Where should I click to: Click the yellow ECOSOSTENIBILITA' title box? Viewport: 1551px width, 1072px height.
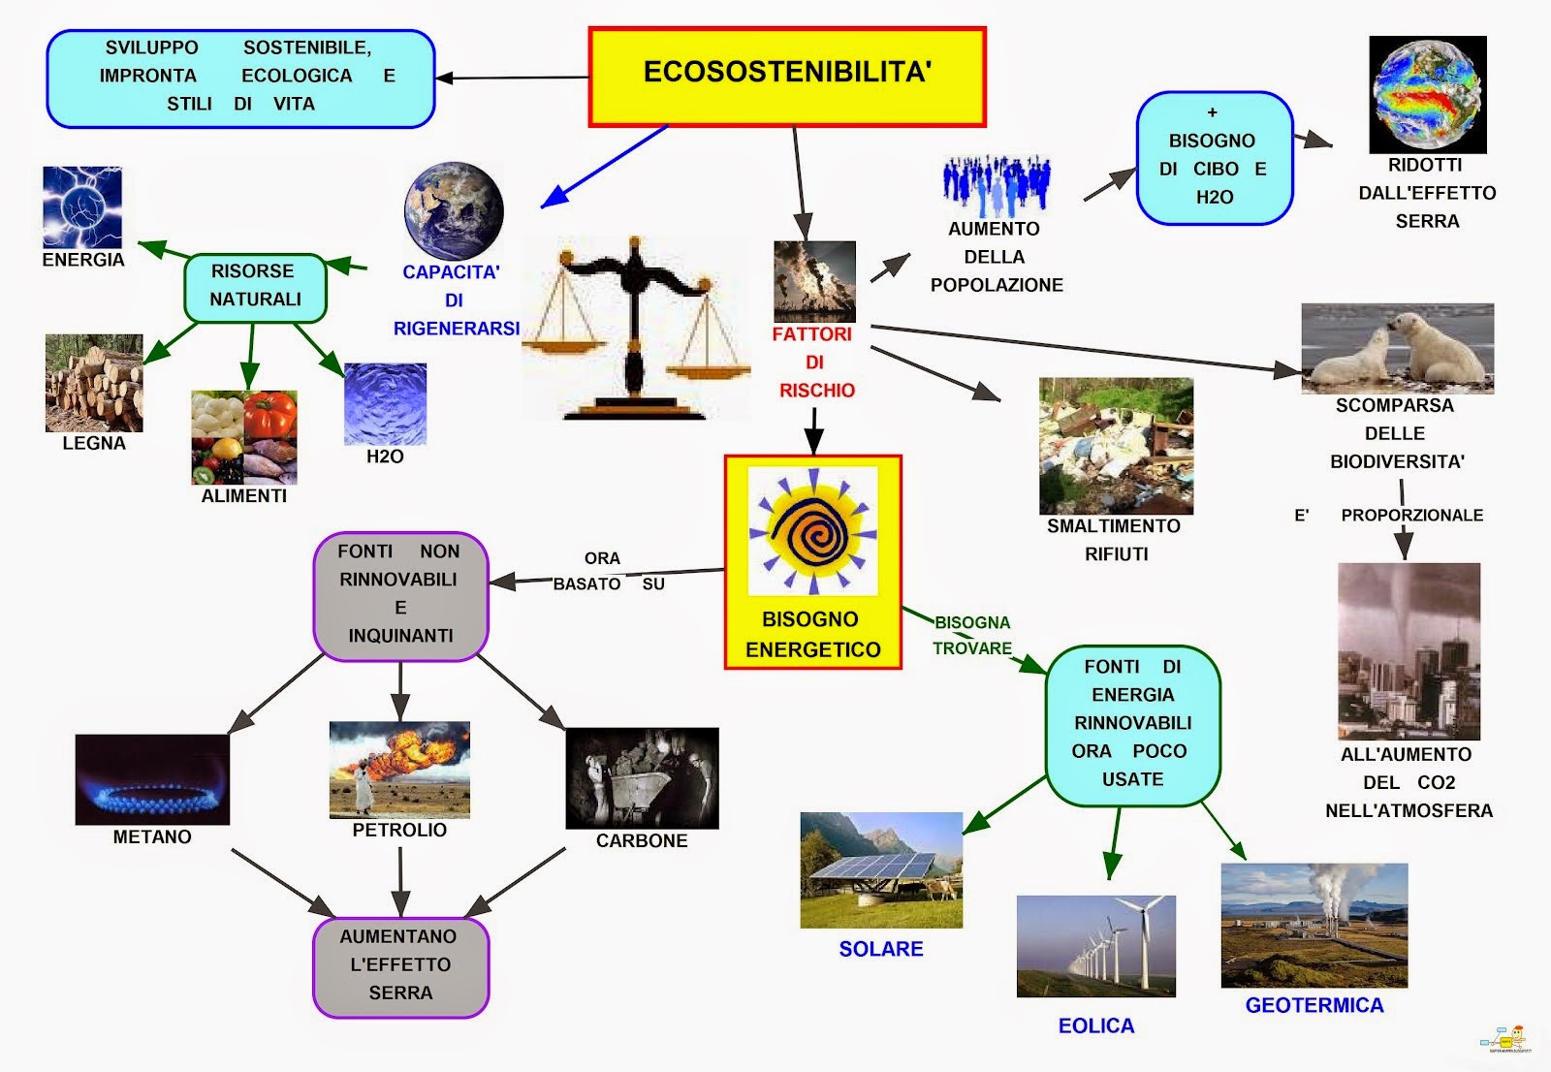pos(787,77)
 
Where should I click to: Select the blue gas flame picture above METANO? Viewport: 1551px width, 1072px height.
pos(152,779)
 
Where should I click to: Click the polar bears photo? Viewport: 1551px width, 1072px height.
pos(1397,348)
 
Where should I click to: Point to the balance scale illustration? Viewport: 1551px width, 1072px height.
pos(635,330)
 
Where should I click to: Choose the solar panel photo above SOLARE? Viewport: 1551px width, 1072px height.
pos(881,870)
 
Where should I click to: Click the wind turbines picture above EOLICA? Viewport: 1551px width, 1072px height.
pos(1095,946)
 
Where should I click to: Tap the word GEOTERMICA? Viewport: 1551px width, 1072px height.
pos(1314,1005)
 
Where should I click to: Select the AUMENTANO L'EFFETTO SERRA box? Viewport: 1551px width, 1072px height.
pos(400,965)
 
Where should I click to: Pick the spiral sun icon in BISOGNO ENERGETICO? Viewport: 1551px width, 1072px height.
pos(812,531)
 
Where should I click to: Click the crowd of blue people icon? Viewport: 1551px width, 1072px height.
pos(997,185)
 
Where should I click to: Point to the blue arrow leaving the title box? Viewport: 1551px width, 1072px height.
pos(604,167)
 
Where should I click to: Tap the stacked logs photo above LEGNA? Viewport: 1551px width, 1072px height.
pos(94,383)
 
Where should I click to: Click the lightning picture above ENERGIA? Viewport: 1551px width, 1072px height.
pos(82,207)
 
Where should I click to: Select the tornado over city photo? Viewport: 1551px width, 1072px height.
pos(1409,651)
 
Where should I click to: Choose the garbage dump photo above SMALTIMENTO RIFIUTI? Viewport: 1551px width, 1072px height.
pos(1116,446)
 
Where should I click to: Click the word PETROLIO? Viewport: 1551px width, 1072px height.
pos(399,831)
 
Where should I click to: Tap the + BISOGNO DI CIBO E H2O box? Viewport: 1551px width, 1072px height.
pos(1215,158)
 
